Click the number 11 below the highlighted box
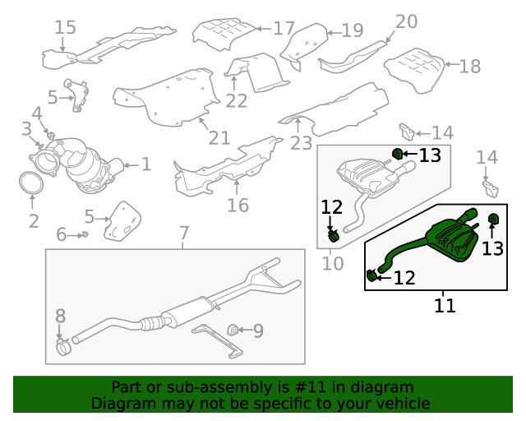coord(445,306)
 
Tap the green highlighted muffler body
coord(454,242)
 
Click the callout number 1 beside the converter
coord(145,164)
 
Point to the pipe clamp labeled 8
coord(64,350)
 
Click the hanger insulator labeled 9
coord(233,331)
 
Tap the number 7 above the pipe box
coord(184,233)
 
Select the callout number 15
coord(66,28)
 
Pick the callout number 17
coord(284,29)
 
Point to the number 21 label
coord(220,136)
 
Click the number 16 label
coord(238,205)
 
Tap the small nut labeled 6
coord(85,235)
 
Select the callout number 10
coord(332,263)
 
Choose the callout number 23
coord(301,144)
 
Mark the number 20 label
coord(406,21)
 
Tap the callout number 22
coord(237,101)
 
